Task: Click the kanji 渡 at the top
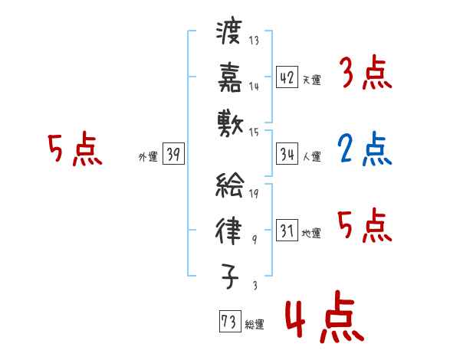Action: pyautogui.click(x=230, y=33)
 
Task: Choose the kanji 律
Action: pyautogui.click(x=230, y=228)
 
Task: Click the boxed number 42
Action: pyautogui.click(x=287, y=77)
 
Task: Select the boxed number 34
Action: pyautogui.click(x=287, y=154)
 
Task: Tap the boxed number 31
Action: pyautogui.click(x=287, y=231)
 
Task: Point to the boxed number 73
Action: pyautogui.click(x=228, y=322)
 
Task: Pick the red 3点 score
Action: pyautogui.click(x=366, y=74)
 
